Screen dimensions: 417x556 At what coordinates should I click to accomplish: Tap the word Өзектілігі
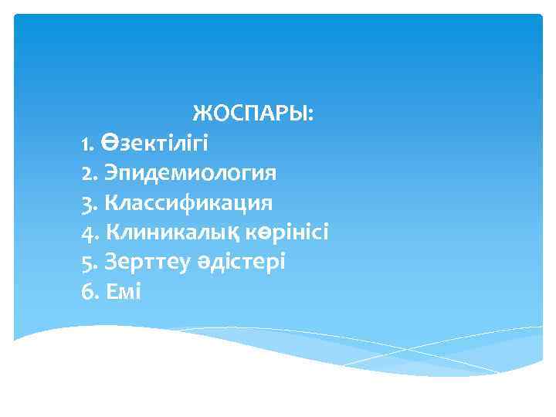point(154,143)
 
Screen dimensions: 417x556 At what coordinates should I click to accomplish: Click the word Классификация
point(188,202)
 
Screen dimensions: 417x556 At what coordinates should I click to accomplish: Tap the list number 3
point(85,203)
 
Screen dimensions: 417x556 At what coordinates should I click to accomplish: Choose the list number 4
point(85,232)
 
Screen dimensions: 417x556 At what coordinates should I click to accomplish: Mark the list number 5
point(85,262)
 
